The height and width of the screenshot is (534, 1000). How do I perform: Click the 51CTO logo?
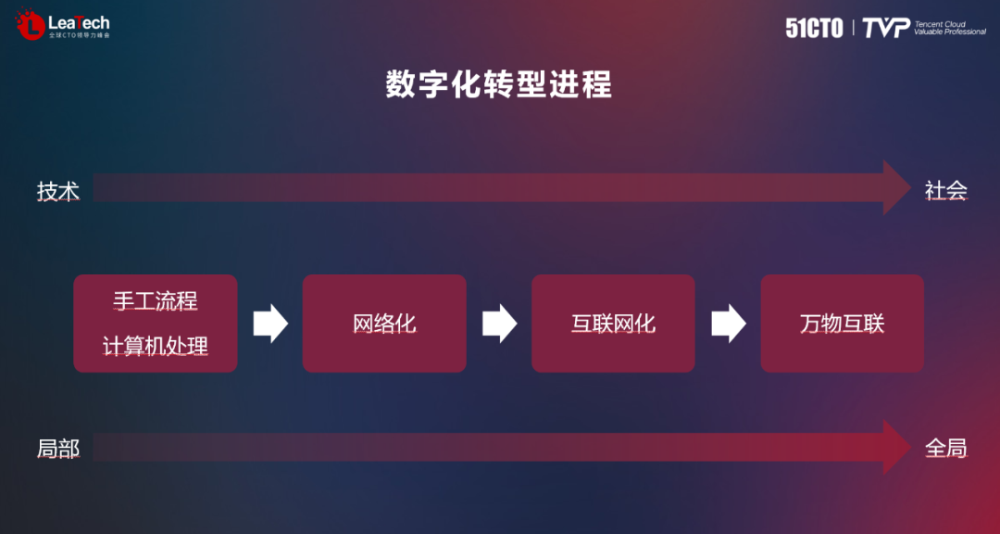pos(814,28)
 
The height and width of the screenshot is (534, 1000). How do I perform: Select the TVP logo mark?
pos(886,28)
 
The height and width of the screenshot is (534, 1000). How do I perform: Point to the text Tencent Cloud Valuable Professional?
pos(949,28)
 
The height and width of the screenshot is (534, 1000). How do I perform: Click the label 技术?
pos(57,192)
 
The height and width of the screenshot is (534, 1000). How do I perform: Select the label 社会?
pos(945,191)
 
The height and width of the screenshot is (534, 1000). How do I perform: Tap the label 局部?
pos(57,450)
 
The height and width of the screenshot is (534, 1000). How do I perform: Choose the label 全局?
pos(945,449)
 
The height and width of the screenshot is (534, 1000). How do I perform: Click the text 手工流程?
pos(156,302)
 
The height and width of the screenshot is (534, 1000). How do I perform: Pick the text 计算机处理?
pos(156,347)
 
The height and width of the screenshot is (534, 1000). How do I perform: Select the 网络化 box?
pos(384,324)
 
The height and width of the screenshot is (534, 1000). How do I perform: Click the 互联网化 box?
pos(613,324)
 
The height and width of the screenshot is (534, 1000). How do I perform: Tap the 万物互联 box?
pos(842,324)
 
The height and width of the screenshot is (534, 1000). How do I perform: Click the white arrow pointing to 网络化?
pos(270,324)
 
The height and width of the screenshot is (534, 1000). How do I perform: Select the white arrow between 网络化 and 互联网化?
pos(499,324)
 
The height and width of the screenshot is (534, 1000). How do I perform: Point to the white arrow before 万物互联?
pos(728,324)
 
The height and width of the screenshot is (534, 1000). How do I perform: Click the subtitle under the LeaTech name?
pos(79,35)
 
